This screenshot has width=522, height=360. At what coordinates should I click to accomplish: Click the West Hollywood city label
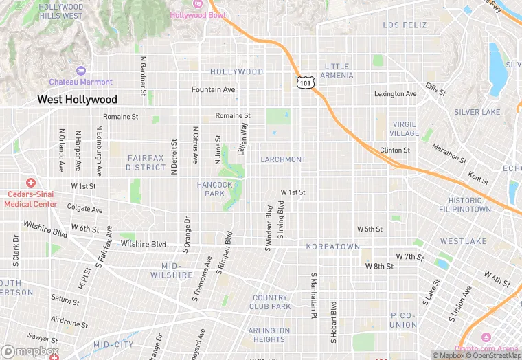[77, 100]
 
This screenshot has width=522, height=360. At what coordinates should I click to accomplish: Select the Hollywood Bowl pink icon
[198, 3]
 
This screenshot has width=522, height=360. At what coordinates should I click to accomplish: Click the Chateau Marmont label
[80, 82]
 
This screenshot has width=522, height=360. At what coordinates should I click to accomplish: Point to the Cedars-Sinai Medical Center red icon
[30, 183]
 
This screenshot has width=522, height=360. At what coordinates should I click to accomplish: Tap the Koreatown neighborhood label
[333, 247]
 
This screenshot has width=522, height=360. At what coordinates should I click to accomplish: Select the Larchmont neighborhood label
[283, 159]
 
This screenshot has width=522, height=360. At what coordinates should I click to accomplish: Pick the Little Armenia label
[337, 71]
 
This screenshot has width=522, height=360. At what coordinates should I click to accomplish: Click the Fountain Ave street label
[213, 90]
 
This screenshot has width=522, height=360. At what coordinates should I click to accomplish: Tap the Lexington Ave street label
[395, 94]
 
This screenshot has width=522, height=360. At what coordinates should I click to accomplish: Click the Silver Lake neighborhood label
[477, 112]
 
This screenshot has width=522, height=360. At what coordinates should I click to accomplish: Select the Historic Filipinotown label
[465, 205]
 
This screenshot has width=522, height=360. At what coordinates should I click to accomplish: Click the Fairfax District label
[146, 163]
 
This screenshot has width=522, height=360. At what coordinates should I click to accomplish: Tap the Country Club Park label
[270, 302]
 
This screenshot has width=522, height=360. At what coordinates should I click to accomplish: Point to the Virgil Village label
[404, 129]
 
